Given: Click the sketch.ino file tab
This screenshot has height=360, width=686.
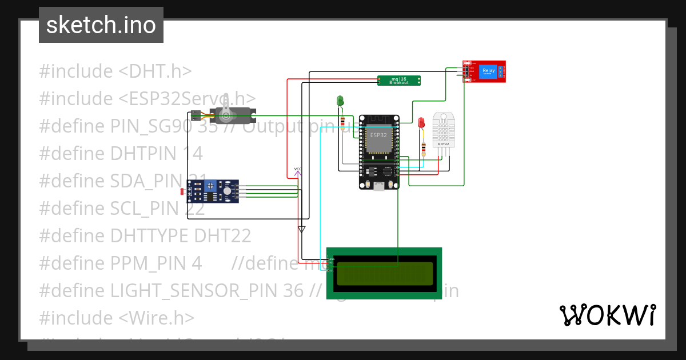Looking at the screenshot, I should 101,25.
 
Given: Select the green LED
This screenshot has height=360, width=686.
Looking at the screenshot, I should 340,101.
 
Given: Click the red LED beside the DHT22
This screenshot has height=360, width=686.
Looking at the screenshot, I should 421,122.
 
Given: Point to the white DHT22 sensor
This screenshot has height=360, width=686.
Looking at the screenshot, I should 444,130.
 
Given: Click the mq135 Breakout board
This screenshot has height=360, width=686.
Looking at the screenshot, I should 399,81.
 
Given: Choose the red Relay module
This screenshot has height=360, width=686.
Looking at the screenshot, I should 484,71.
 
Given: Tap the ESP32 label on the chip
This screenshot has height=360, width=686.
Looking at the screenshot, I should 378,135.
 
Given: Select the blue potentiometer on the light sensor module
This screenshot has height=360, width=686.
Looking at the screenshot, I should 211,186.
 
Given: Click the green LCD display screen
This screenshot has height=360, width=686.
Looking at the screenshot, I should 384,274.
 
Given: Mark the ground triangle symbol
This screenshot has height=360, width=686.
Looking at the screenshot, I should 302,230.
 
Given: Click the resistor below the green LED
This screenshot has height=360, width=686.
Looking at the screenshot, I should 342,122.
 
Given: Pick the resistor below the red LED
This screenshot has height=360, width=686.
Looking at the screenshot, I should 423,149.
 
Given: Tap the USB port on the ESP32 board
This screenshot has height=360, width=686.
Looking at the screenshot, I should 378,185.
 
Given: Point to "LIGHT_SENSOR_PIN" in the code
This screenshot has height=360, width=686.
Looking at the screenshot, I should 206,290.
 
